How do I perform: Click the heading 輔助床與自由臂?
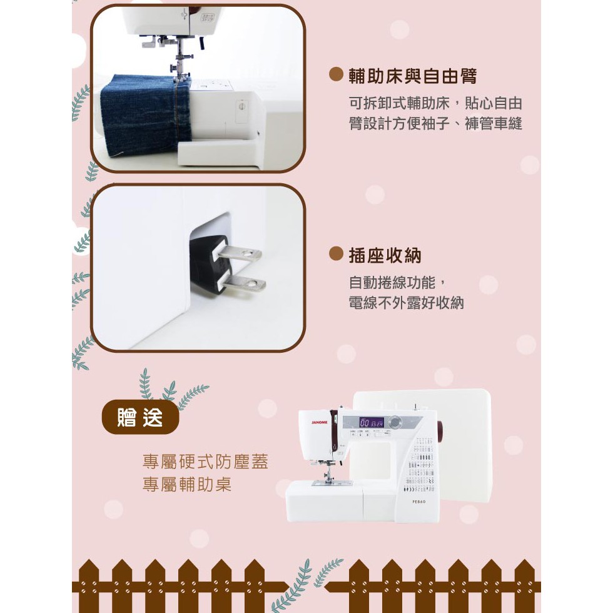[412, 76]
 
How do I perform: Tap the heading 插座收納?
[385, 255]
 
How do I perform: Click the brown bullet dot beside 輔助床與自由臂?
[336, 74]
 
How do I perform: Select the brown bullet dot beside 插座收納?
[336, 254]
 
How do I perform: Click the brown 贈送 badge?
[140, 417]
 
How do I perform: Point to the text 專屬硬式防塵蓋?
[206, 462]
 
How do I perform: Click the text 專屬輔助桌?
[187, 484]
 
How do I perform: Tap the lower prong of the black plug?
[245, 283]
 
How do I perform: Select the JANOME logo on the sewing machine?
[320, 422]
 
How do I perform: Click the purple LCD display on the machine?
[372, 423]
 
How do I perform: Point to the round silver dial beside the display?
[395, 422]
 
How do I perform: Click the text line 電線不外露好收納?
[406, 303]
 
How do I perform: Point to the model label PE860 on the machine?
[418, 502]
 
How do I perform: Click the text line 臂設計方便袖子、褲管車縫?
[435, 124]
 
